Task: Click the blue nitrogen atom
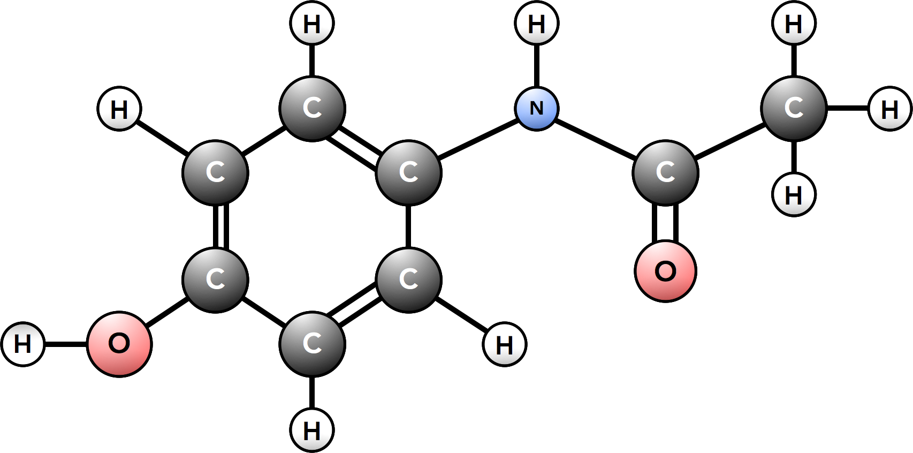[537, 109]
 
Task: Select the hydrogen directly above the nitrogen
[537, 23]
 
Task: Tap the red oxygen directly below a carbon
[665, 271]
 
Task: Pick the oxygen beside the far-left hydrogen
[119, 344]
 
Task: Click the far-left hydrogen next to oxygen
[23, 344]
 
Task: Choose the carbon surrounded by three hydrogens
[794, 109]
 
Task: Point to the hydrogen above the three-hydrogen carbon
[794, 23]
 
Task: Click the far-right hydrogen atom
[889, 109]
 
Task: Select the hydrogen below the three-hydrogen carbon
[794, 194]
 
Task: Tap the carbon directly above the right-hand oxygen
[665, 172]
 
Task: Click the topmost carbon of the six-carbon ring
[312, 109]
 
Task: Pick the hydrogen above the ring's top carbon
[312, 23]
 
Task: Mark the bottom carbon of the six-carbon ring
[312, 344]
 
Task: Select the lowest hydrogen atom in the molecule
[312, 429]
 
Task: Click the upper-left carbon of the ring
[215, 172]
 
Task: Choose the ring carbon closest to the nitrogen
[408, 172]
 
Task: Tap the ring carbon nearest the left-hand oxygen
[215, 280]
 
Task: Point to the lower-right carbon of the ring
[408, 280]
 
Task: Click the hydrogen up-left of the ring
[119, 109]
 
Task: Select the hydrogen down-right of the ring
[505, 344]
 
